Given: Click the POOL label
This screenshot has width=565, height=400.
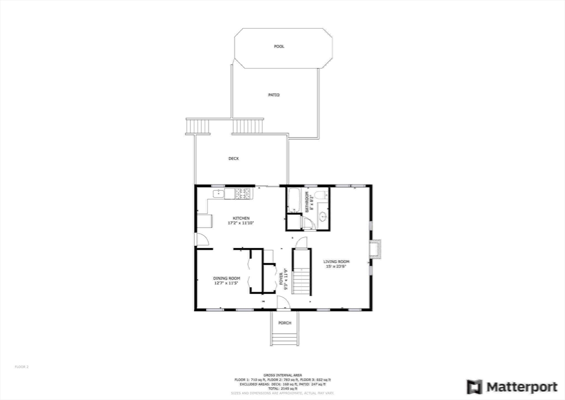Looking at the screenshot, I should tap(279, 46).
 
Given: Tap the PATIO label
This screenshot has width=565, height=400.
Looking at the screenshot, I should tap(274, 95).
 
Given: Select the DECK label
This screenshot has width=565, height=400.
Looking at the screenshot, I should tap(234, 159).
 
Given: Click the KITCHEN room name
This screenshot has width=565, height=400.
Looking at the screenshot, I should tap(241, 218).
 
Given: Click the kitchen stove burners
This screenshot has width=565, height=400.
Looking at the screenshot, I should tap(243, 193).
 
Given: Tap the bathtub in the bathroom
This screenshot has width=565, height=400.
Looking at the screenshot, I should tap(293, 201).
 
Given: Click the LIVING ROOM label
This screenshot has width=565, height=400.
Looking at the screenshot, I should tap(337, 261).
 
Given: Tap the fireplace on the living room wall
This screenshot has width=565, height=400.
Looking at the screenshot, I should tap(376, 249).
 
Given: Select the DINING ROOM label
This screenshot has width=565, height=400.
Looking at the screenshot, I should tap(227, 278).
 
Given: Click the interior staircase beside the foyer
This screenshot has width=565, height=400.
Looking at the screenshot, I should tap(302, 272).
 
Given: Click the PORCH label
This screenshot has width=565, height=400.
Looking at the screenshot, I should tap(285, 323).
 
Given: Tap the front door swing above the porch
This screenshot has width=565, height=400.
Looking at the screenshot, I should tap(282, 301).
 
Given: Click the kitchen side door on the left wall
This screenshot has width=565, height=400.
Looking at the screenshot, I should tap(201, 240).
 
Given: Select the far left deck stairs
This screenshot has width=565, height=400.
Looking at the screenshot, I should tap(199, 127).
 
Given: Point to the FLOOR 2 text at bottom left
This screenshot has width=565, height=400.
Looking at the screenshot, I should tap(21, 366).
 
